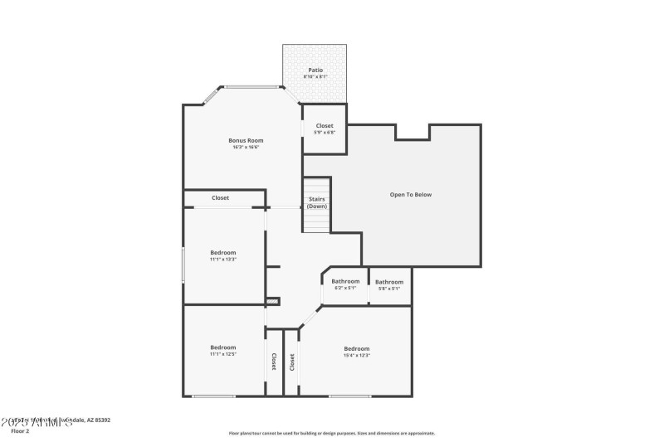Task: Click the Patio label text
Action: coord(315,70)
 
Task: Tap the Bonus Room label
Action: coord(246,140)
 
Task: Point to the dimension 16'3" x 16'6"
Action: coord(246,148)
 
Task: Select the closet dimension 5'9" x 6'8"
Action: coord(325,133)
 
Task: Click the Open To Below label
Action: coord(411,195)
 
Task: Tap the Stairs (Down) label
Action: coord(316,202)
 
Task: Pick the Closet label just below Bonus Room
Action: coord(221,198)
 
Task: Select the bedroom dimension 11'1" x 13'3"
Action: coord(223,260)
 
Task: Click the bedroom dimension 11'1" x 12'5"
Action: coord(223,354)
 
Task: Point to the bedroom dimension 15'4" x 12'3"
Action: coord(356,356)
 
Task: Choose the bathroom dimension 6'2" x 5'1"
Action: coord(345,289)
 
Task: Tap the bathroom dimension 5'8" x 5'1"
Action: coord(389,289)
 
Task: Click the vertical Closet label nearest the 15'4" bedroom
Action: coord(292,362)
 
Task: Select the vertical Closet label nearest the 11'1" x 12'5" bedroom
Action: coord(274,362)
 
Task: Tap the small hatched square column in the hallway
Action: coord(272,301)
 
